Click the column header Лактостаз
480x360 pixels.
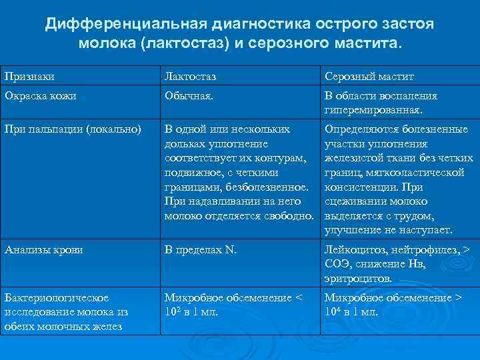point(191,77)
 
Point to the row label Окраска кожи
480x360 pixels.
point(40,96)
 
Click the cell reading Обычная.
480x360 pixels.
point(190,96)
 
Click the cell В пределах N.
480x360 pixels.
point(201,251)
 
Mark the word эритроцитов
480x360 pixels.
point(358,279)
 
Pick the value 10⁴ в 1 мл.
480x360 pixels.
point(351,312)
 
